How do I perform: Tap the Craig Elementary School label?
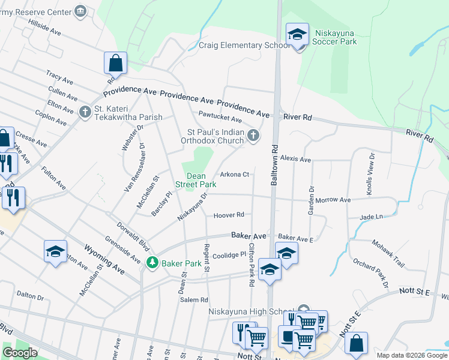245,46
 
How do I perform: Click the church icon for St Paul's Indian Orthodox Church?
253,136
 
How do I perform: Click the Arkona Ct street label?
234,175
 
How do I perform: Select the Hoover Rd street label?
229,215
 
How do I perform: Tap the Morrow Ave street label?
333,200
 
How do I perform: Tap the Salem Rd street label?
196,300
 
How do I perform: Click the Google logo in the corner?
20,353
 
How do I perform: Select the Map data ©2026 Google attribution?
412,355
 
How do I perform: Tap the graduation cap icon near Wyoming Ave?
55,251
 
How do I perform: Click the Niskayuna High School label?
252,311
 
